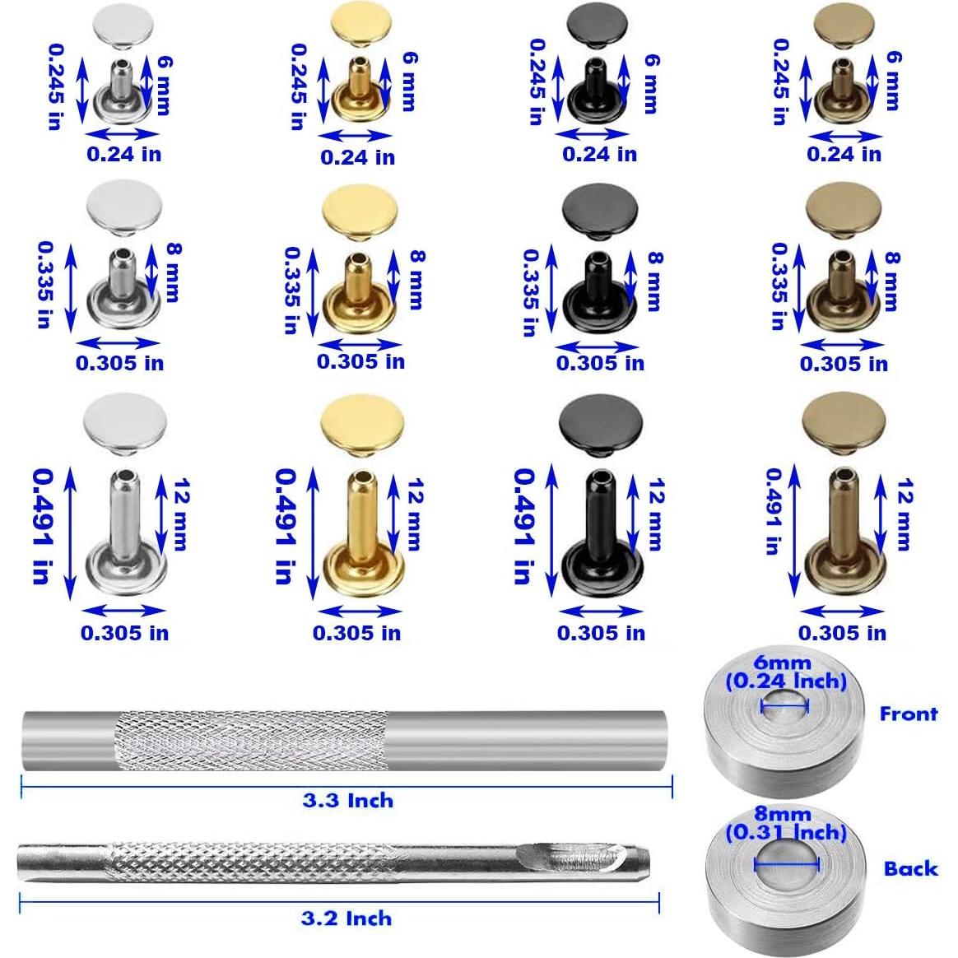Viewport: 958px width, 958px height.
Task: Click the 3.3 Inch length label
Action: tap(347, 801)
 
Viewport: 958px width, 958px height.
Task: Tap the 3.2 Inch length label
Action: tap(346, 918)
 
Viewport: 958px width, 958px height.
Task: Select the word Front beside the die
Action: tap(908, 714)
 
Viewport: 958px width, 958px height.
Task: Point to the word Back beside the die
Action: tap(910, 868)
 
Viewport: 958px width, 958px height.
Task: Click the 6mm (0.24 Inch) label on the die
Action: tap(785, 672)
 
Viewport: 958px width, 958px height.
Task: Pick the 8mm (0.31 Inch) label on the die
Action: tap(786, 824)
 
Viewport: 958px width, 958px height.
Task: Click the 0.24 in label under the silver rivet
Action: tap(124, 154)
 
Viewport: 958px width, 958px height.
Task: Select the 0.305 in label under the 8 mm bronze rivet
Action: tap(844, 364)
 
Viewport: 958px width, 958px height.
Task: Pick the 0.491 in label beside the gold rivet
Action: tap(285, 526)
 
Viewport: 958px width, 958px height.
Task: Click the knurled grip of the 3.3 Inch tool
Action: tap(247, 741)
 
